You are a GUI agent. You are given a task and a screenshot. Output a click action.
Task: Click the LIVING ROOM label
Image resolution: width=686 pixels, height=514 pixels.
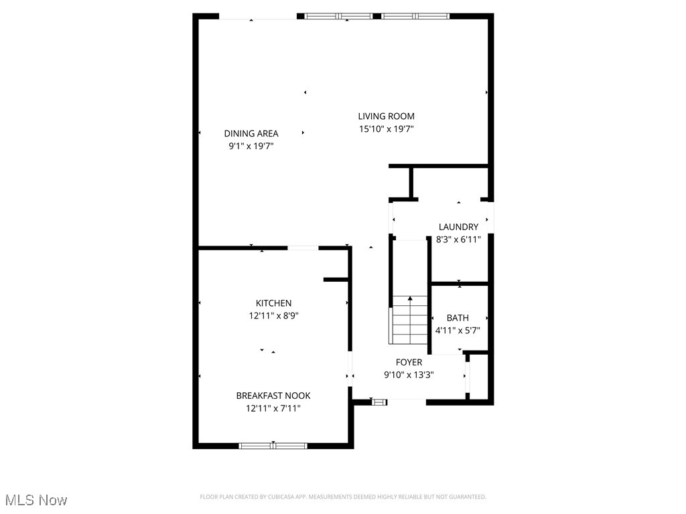[x=386, y=116]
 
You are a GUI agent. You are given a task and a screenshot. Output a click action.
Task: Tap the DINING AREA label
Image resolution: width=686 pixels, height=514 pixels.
[x=251, y=133]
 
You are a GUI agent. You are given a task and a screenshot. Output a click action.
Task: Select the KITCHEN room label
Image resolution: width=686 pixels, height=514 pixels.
[x=273, y=303]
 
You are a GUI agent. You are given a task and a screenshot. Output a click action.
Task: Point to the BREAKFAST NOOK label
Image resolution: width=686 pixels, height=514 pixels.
[x=273, y=396]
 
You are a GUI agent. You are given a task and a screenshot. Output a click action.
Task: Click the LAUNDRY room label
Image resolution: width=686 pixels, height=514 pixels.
[x=458, y=227]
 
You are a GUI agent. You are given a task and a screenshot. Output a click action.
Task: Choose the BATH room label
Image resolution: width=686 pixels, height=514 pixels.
[x=458, y=318]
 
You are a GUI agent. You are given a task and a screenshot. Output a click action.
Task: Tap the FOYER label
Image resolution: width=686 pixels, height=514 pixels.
[x=409, y=363]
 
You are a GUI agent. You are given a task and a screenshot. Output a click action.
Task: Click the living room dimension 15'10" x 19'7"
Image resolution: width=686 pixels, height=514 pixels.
[x=386, y=129]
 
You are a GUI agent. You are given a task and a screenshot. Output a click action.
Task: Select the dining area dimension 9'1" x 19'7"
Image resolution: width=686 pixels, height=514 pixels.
[x=251, y=146]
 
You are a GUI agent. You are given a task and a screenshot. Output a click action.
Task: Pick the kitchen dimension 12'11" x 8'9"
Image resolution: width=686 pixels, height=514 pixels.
[x=273, y=316]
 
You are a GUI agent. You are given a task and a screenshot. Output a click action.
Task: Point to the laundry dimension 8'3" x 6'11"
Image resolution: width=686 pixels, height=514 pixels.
[x=458, y=240]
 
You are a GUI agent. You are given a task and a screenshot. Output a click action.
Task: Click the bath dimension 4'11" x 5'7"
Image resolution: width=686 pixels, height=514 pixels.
[x=458, y=331]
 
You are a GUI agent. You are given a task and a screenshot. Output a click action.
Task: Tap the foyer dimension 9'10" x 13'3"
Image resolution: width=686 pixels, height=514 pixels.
[x=409, y=375]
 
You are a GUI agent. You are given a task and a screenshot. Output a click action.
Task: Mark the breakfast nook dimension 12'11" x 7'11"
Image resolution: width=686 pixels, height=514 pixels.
[x=273, y=408]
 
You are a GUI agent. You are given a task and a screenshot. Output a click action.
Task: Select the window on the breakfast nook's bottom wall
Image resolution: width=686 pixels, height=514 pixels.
[x=273, y=445]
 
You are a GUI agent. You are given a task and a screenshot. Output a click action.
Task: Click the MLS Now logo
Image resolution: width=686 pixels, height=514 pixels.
[x=36, y=500]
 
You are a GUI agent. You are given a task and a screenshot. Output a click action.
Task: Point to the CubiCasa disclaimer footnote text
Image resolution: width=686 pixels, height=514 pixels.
[x=343, y=497]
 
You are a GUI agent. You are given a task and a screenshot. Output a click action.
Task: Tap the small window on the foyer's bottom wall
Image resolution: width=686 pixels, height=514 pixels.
[x=380, y=402]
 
